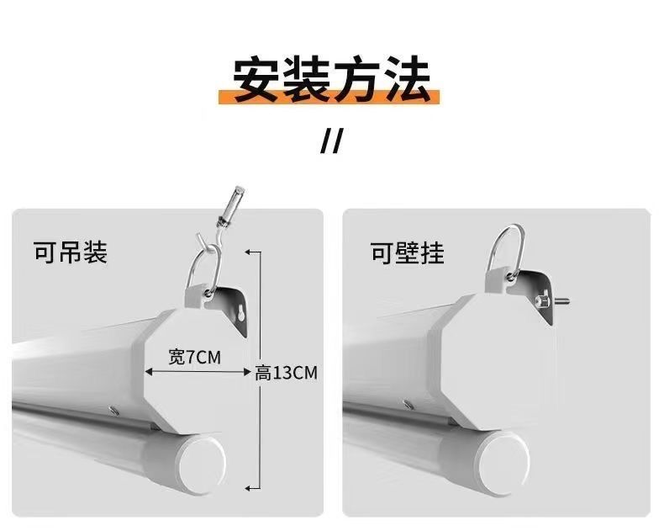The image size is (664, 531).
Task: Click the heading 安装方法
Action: (331, 78)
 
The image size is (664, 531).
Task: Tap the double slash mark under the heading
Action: (330, 141)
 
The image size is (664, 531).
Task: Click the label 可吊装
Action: (71, 252)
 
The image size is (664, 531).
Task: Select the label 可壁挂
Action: (407, 252)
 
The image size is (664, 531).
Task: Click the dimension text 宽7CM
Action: (195, 357)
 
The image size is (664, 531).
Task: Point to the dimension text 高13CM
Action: (287, 374)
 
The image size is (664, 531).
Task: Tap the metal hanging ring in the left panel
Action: (204, 272)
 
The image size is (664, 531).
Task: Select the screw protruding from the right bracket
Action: (551, 301)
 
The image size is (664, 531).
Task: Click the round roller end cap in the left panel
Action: (201, 463)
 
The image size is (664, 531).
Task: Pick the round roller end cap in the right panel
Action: (504, 464)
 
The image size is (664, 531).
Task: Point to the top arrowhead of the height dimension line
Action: (248, 252)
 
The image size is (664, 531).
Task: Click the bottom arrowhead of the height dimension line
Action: (248, 489)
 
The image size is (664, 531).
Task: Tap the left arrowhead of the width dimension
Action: (148, 372)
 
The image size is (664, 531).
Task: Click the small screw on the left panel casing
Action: (113, 410)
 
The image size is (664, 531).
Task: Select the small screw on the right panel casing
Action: (408, 404)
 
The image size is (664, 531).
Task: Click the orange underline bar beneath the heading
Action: (329, 98)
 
